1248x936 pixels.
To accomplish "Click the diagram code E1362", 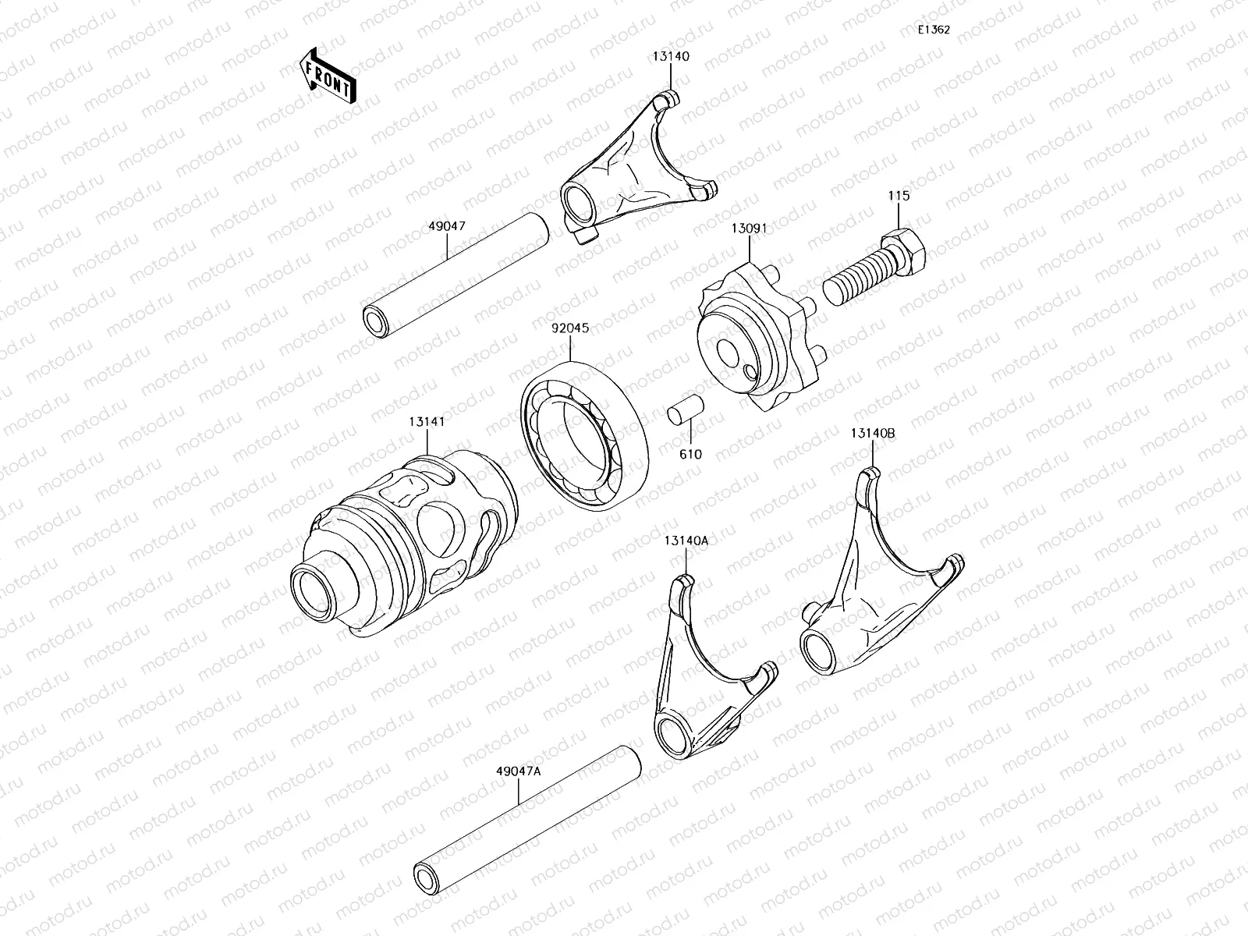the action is coord(934,30).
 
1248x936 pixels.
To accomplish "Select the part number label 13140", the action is coord(671,56).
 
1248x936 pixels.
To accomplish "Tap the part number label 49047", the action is coord(447,226).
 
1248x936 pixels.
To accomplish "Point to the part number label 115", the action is coord(899,196).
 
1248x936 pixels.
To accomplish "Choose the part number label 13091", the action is coord(749,229).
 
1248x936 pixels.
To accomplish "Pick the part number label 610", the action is coord(690,454).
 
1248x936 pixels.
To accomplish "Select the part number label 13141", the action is coord(427,421).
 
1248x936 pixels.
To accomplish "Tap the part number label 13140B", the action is coord(873,434).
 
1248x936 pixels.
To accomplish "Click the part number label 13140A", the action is coord(686,540).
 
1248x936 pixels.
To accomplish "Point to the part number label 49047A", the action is coord(518,771).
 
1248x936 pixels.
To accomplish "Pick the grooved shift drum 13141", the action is coord(406,546).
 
